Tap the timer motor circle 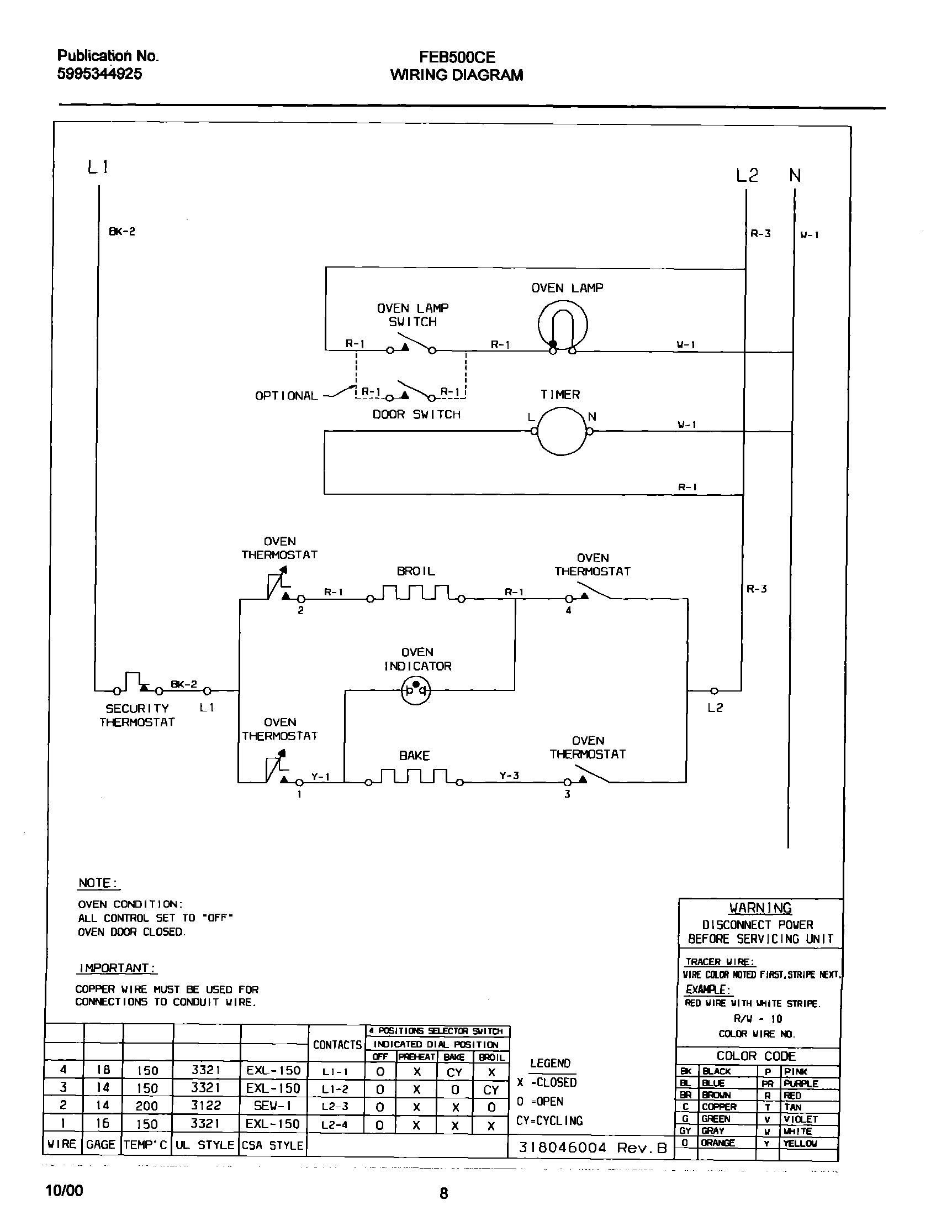pos(562,431)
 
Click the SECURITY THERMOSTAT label pos(137,715)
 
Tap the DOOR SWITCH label pos(416,415)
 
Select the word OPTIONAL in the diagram pos(286,396)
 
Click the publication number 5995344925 pos(100,74)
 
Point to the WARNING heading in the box pos(760,908)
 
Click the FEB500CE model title pos(457,57)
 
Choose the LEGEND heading pos(550,1064)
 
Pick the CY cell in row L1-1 pos(454,1072)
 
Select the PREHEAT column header pos(416,1057)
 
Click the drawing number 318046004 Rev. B pos(593,1147)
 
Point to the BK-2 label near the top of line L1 pos(122,232)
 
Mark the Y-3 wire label pos(509,776)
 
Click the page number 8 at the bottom pos(443,1193)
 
